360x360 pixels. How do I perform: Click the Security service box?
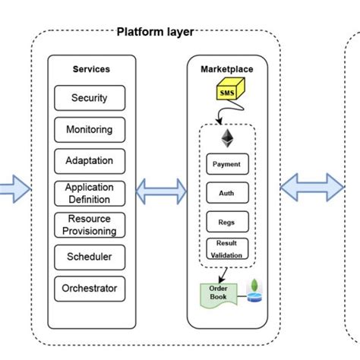(x=90, y=98)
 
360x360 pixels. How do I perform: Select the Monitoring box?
(x=90, y=130)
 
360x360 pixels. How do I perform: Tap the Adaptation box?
(x=90, y=161)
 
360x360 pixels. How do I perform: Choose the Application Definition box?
(x=90, y=193)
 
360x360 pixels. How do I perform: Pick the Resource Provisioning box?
(x=90, y=225)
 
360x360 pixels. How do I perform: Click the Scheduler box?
(x=90, y=257)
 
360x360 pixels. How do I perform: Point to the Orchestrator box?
(x=90, y=289)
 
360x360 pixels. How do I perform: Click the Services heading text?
(x=91, y=69)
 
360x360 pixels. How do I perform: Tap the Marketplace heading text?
(x=227, y=69)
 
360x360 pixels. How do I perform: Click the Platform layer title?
(x=155, y=32)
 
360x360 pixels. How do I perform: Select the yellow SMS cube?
(x=227, y=92)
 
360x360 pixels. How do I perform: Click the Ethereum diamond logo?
(x=227, y=137)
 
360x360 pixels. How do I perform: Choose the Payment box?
(x=226, y=163)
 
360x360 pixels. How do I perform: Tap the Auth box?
(x=226, y=193)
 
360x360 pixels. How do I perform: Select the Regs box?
(x=226, y=222)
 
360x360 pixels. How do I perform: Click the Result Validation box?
(x=226, y=249)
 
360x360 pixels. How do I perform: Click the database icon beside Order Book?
(x=254, y=291)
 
